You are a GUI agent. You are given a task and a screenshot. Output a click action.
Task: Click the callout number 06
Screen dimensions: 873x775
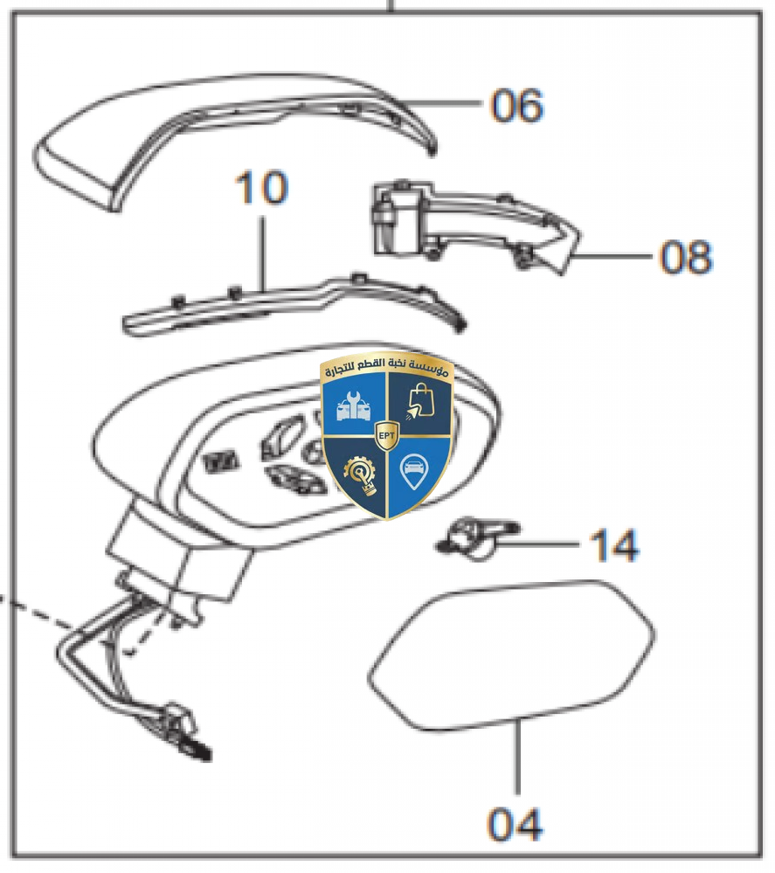516,106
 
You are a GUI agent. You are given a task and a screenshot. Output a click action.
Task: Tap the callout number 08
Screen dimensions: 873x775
686,258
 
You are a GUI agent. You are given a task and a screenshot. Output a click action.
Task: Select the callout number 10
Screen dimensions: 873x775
260,189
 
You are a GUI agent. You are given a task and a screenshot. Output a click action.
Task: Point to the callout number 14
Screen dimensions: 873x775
613,545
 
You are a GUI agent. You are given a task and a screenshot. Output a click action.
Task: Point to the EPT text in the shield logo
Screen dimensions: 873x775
386,433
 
